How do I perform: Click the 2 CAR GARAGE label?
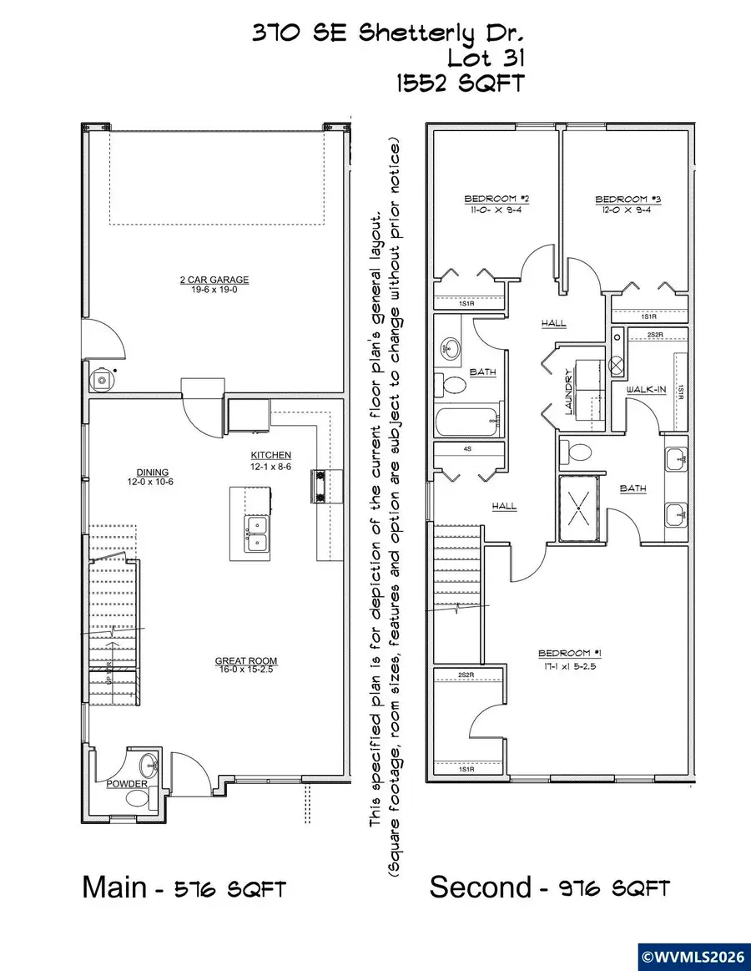[x=214, y=281]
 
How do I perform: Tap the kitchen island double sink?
[x=257, y=534]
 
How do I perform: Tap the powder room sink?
[x=149, y=763]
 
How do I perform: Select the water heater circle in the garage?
[x=101, y=380]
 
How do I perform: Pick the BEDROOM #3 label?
[x=622, y=200]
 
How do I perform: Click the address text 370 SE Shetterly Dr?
[x=390, y=34]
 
